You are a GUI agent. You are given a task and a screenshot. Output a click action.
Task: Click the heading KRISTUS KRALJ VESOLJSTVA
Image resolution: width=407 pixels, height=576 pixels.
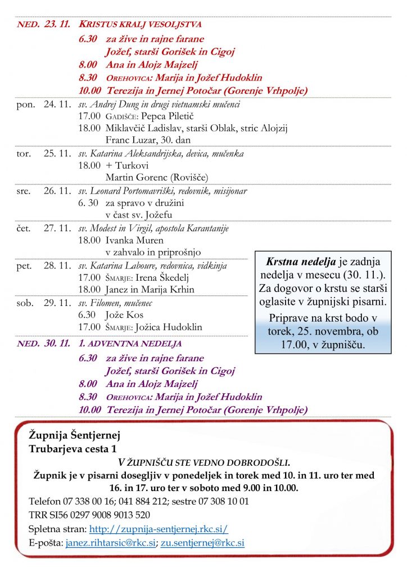(140, 25)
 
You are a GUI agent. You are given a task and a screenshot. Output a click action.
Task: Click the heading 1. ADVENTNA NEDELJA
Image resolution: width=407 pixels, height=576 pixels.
(130, 343)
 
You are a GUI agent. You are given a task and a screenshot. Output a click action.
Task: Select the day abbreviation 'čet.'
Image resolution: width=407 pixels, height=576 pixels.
(24, 228)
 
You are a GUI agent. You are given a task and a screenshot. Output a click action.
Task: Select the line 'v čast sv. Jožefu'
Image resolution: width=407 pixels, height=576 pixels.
(139, 215)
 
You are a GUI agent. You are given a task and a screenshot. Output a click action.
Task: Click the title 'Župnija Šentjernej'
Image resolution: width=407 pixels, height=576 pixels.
(74, 435)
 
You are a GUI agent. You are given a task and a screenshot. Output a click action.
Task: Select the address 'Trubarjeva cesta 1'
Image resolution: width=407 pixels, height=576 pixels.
(74, 448)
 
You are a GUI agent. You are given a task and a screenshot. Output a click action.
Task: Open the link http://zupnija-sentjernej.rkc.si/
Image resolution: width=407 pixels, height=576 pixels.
(159, 529)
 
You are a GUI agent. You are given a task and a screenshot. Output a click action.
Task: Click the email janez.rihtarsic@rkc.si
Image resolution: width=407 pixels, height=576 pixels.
(110, 543)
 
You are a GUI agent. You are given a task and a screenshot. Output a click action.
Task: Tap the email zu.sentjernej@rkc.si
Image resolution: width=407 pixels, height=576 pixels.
(202, 543)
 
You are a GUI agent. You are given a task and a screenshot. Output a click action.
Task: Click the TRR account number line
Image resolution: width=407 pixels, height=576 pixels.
(89, 515)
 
